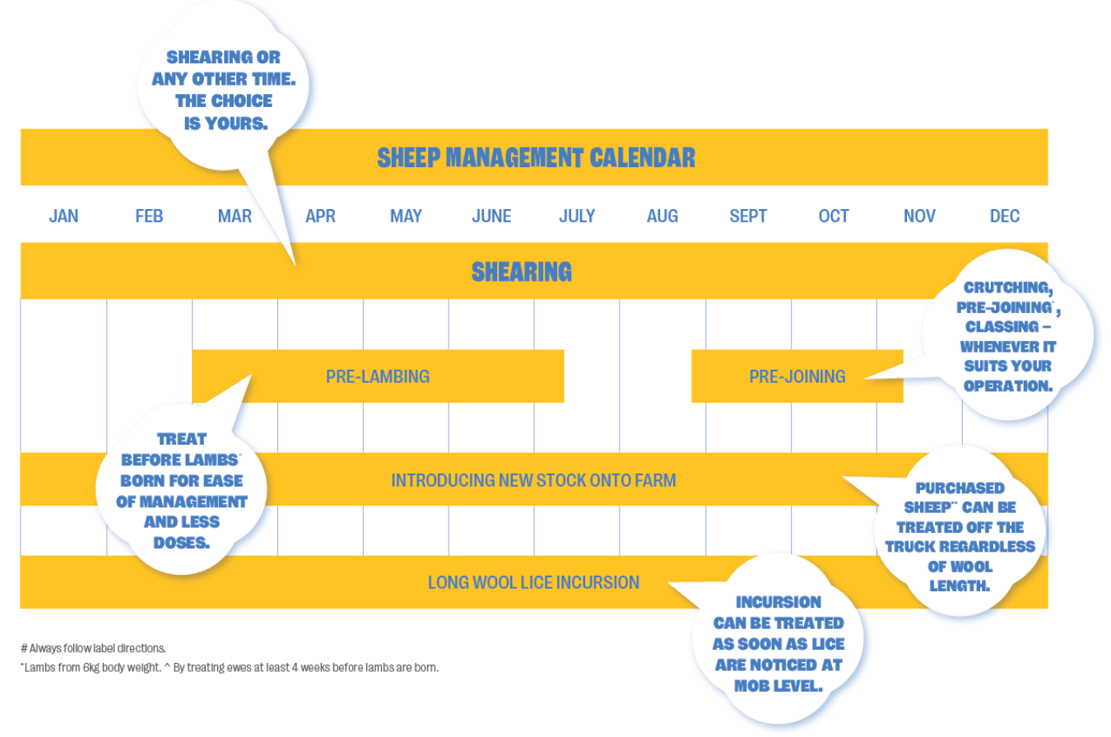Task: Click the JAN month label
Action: pyautogui.click(x=63, y=216)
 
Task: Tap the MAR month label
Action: pyautogui.click(x=235, y=216)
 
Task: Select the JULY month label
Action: pyautogui.click(x=577, y=216)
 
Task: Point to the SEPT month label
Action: pyautogui.click(x=748, y=216)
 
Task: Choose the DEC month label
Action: pyautogui.click(x=1005, y=216)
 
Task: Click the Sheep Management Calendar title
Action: pyautogui.click(x=536, y=157)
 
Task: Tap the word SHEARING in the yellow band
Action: pyautogui.click(x=522, y=271)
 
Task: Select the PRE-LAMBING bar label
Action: pyautogui.click(x=378, y=376)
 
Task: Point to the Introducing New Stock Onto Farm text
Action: pyautogui.click(x=533, y=479)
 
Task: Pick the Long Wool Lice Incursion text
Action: pyautogui.click(x=533, y=582)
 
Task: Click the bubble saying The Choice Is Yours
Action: pyautogui.click(x=223, y=91)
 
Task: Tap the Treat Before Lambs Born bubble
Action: pyautogui.click(x=182, y=491)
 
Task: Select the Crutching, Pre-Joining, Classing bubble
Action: pyautogui.click(x=1008, y=336)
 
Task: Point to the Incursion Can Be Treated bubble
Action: pyautogui.click(x=779, y=643)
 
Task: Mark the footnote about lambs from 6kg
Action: pyautogui.click(x=230, y=667)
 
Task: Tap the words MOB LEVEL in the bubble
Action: pyautogui.click(x=779, y=685)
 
